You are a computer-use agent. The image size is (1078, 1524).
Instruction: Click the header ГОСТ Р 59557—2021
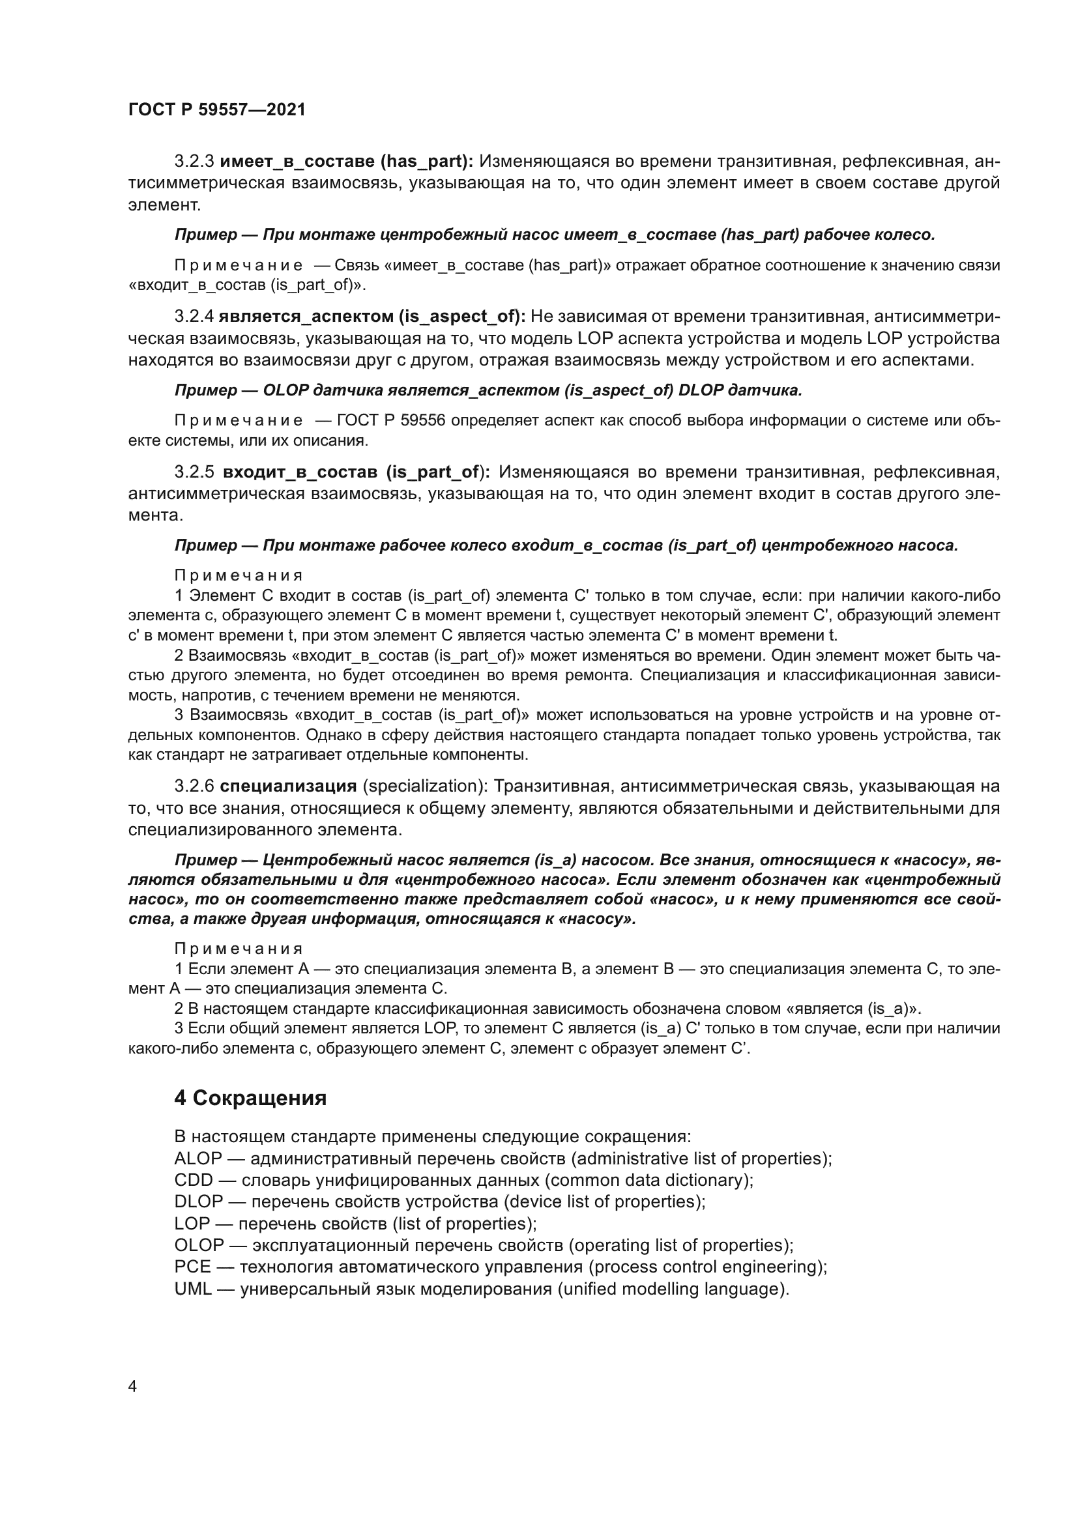[x=216, y=109]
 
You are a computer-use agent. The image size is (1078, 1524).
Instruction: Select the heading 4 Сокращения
[x=250, y=1098]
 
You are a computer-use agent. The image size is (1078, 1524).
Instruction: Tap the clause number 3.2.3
[x=194, y=162]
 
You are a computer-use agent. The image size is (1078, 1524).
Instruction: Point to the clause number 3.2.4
[x=194, y=317]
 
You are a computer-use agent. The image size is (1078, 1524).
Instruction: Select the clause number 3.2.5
[x=194, y=472]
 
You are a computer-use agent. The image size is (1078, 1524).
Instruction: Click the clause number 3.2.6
[x=194, y=786]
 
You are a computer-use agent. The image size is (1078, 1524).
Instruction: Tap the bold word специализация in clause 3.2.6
[x=288, y=786]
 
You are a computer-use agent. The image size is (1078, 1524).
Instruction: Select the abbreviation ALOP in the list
[x=198, y=1159]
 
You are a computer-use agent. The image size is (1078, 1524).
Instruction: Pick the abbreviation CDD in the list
[x=193, y=1180]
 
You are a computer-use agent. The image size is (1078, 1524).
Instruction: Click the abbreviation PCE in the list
[x=192, y=1267]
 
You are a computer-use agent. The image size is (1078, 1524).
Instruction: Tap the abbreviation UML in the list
[x=193, y=1289]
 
